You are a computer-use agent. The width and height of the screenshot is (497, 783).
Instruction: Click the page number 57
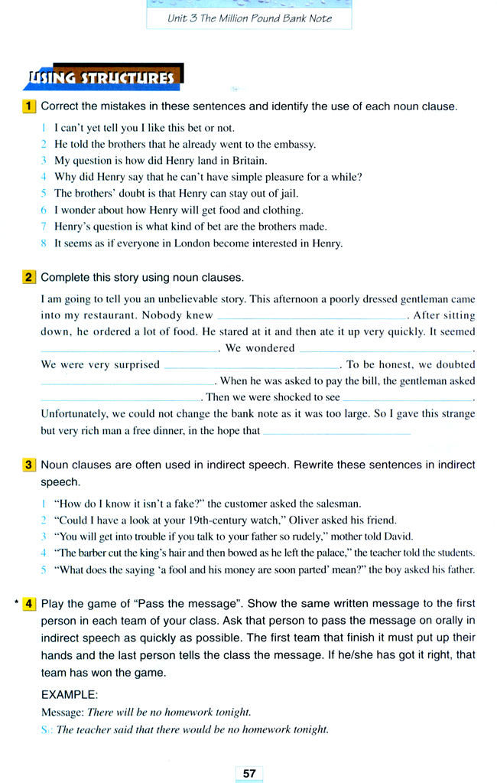coord(249,773)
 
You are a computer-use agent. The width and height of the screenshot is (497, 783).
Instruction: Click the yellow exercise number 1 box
coord(30,106)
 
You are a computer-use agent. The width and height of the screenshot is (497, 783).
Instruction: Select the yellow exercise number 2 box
coord(30,277)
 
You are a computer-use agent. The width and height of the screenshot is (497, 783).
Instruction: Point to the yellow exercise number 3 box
coord(30,465)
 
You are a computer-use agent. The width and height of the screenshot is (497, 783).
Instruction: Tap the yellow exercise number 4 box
coord(30,603)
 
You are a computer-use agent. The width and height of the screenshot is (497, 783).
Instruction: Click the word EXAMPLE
coord(70,695)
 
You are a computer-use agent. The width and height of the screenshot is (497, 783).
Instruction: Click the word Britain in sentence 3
coord(245,161)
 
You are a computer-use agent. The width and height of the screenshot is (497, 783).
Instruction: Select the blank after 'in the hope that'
coord(336,432)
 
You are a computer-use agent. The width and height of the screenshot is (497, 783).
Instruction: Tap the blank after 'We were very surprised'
coord(252,366)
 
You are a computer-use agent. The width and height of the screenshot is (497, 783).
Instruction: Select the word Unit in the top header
coord(177,18)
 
